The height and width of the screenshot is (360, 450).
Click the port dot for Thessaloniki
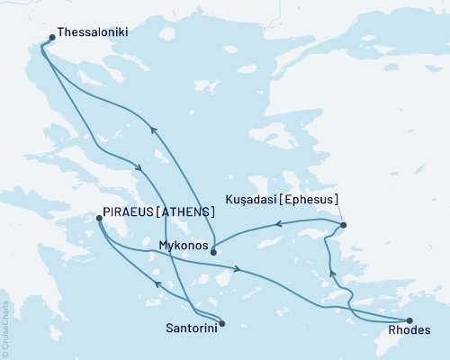point(51,37)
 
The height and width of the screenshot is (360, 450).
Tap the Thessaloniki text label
point(92,31)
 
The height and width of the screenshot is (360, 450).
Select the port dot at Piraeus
point(99,217)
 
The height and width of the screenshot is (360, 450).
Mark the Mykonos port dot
point(213,252)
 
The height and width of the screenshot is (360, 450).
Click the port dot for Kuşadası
point(343,224)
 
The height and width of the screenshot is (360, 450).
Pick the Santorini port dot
point(222,323)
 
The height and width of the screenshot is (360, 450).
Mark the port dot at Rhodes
point(409,320)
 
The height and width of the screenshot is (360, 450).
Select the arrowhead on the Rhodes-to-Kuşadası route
point(332,273)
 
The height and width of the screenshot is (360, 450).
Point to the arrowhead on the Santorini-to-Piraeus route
point(158,284)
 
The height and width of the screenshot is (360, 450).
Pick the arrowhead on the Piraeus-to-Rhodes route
point(237,268)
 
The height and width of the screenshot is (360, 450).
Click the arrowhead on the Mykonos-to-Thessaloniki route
point(153,130)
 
